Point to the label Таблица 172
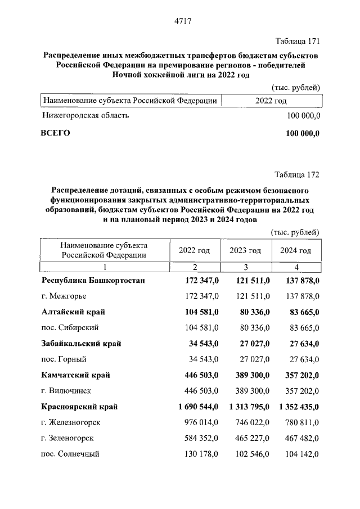click(x=297, y=174)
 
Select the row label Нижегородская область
click(x=85, y=115)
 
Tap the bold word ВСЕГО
click(x=56, y=133)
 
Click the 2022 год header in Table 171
click(x=271, y=101)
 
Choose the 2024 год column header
click(x=295, y=251)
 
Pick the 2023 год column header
click(x=245, y=251)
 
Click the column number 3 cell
click(x=245, y=267)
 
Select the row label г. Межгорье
click(x=65, y=295)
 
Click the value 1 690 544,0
click(x=195, y=406)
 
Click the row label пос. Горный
click(x=64, y=359)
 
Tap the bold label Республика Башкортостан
click(x=93, y=280)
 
